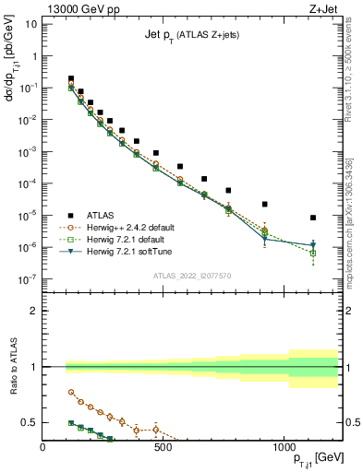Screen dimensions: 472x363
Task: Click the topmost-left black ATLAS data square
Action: [71, 79]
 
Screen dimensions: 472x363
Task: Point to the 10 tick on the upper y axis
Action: [31, 23]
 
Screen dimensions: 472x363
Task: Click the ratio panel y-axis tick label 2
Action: [32, 311]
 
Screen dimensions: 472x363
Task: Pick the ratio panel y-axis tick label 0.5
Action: [28, 422]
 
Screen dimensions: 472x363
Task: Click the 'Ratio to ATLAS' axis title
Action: [12, 367]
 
